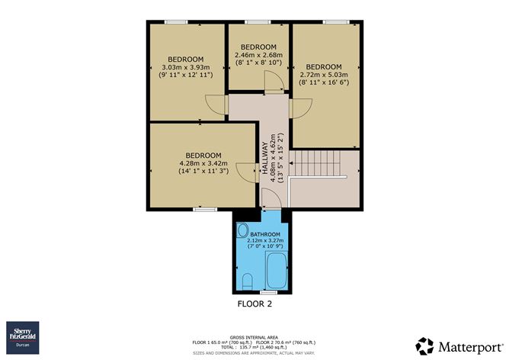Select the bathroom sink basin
click(243, 230)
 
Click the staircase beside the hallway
click(321, 166)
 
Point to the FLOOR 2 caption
click(254, 304)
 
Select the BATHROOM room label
click(265, 234)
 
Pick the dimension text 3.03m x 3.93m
click(186, 67)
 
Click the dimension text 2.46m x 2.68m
click(258, 55)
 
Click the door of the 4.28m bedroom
click(245, 172)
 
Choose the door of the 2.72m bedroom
click(298, 108)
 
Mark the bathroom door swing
click(271, 200)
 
